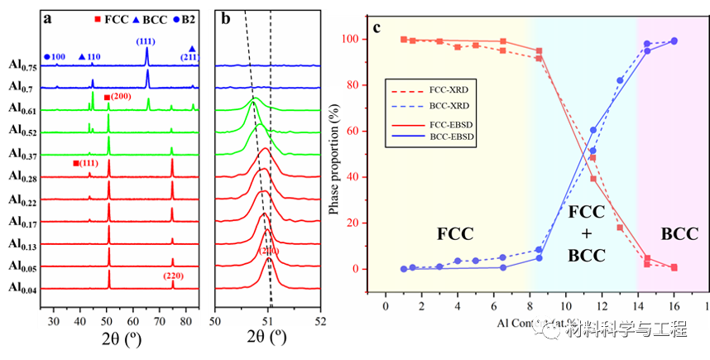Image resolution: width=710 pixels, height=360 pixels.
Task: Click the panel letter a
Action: tap(47, 17)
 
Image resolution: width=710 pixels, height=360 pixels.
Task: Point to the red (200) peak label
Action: tap(118, 98)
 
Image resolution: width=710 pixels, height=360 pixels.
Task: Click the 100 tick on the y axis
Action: tap(354, 40)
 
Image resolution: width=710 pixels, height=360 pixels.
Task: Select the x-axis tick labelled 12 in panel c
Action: tap(601, 305)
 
